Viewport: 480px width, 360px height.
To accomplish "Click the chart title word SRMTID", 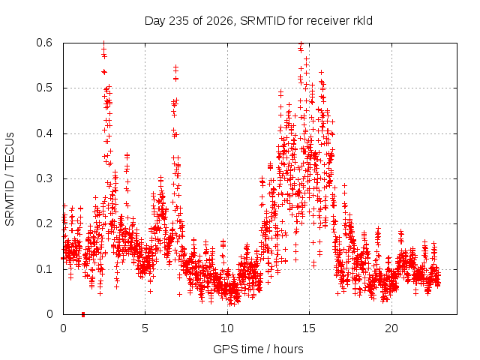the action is [x=262, y=21].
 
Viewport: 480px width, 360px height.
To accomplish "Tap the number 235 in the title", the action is [x=179, y=21].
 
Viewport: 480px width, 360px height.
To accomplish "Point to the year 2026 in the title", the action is [x=220, y=21].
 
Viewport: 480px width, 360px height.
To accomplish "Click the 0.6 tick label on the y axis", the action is [x=44, y=43].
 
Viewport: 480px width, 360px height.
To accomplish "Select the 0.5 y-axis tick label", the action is [x=44, y=88].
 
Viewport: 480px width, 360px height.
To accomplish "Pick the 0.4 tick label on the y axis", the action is [x=44, y=133].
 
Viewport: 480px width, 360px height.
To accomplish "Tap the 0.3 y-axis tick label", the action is [x=44, y=178].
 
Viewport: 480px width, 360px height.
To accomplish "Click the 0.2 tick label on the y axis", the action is [x=44, y=223].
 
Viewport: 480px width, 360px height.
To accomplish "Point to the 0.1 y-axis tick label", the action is [x=44, y=269].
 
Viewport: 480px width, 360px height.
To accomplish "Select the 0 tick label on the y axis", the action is [x=49, y=314].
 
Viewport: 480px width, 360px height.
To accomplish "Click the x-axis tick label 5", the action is [x=145, y=328].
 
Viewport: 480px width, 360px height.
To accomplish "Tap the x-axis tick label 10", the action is [x=227, y=328].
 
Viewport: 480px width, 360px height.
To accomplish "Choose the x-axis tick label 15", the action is [x=309, y=328].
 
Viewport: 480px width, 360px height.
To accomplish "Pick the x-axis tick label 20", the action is [x=391, y=328].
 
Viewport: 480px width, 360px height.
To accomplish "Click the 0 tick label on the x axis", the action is [x=63, y=328].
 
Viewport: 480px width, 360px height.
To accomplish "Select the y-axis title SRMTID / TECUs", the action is [x=10, y=179].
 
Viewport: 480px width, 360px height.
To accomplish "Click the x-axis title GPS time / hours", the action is [x=258, y=349].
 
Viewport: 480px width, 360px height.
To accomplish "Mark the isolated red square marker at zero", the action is [x=83, y=314].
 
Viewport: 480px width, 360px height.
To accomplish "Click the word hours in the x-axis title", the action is [x=288, y=349].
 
